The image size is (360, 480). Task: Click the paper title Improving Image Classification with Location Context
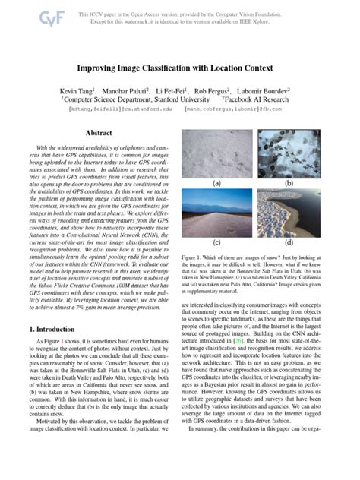coord(179,68)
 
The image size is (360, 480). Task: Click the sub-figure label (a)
coord(216,183)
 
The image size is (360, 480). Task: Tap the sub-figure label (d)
coord(289,243)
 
